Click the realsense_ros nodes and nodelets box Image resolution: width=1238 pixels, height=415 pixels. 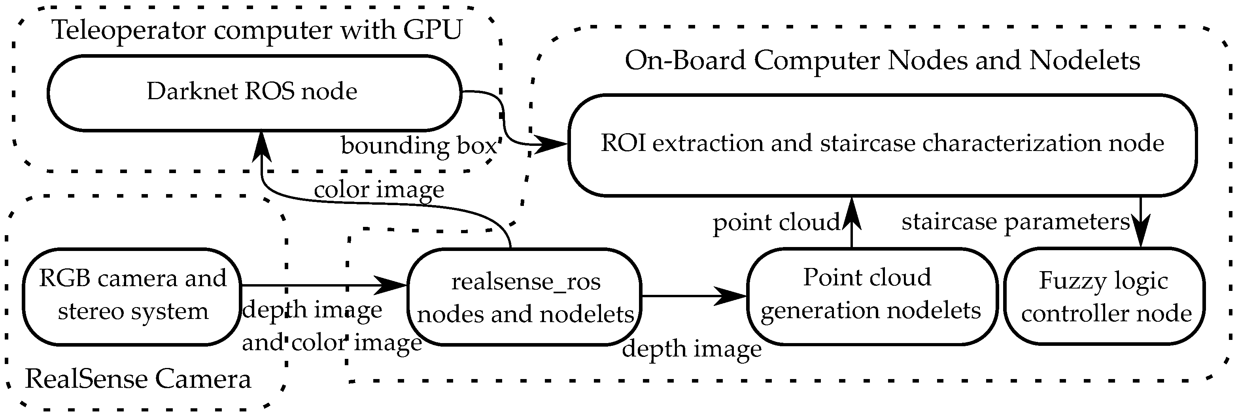pyautogui.click(x=525, y=297)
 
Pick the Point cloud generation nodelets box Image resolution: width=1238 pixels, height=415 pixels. pyautogui.click(x=871, y=295)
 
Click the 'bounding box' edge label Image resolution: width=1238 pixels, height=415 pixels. pyautogui.click(x=418, y=145)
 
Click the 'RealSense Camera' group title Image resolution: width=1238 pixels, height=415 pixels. pyautogui.click(x=138, y=379)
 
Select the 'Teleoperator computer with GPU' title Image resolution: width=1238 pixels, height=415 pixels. pyautogui.click(x=256, y=30)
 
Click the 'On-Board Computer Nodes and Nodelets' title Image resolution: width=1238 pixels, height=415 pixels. pyautogui.click(x=882, y=60)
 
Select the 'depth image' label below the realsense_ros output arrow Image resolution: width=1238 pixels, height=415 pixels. pyautogui.click(x=691, y=349)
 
